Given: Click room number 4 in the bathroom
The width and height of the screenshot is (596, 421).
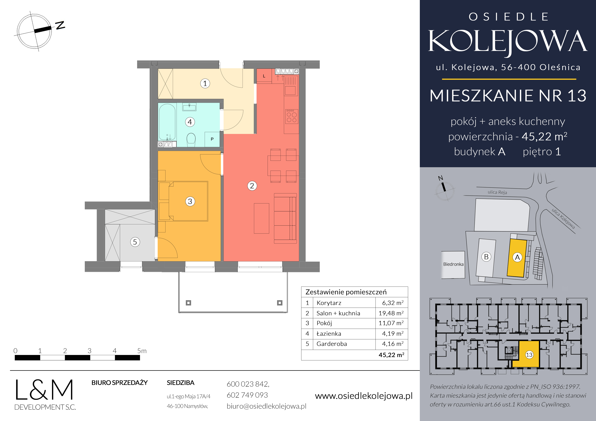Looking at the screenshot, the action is pos(190,122).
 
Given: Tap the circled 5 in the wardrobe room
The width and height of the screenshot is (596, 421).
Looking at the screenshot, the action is pos(135,242).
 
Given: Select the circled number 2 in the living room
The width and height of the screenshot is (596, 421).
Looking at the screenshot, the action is pos(252,186).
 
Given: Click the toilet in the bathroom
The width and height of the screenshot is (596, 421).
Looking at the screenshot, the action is pos(191,140).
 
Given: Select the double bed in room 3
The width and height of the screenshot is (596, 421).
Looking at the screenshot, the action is pos(188,201).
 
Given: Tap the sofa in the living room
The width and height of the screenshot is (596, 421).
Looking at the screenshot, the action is pos(285,218).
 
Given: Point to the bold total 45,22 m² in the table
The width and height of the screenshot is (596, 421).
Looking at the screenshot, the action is pos(391,355).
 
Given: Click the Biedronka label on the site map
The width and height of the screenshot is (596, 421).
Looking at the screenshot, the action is pos(453,264).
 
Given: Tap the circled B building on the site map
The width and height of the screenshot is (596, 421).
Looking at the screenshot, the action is pos(486,257).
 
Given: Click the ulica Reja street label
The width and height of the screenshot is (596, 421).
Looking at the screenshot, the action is pos(497,192).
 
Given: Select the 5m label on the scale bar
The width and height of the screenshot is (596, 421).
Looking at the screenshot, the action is pos(142,351).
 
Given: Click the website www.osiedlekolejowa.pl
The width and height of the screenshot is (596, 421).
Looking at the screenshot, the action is pos(364,396).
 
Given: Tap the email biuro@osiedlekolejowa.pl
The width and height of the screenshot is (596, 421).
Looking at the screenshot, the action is pos(266,406).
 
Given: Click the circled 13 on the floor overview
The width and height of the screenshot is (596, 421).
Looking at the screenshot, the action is pos(529,355).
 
